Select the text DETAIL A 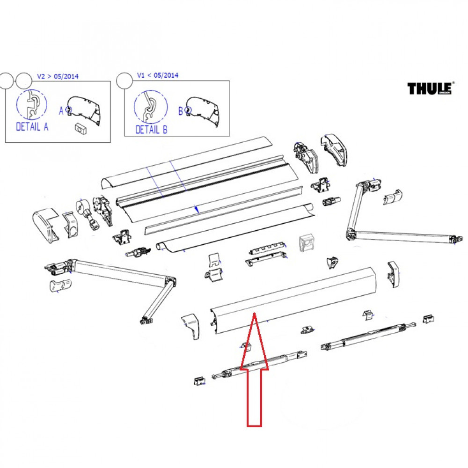pos(32,126)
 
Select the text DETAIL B pos(151,130)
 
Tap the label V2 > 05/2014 pos(58,75)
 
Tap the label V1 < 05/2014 pos(157,75)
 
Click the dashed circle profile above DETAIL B pos(151,107)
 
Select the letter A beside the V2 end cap pos(61,111)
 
